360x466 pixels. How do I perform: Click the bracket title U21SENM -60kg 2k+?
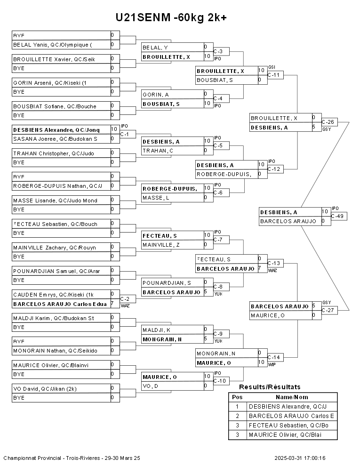[x=172, y=17]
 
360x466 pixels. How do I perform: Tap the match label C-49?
[x=339, y=216]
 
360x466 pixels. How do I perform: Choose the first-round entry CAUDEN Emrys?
[x=53, y=294]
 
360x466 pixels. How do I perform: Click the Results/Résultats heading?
[x=270, y=387]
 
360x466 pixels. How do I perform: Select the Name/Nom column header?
[x=292, y=397]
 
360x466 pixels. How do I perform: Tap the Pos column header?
[x=237, y=397]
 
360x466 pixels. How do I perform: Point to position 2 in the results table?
[x=237, y=416]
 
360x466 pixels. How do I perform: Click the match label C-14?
[x=274, y=357]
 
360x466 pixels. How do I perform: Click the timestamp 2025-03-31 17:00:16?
[x=300, y=458]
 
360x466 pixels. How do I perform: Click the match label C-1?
[x=125, y=134]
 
